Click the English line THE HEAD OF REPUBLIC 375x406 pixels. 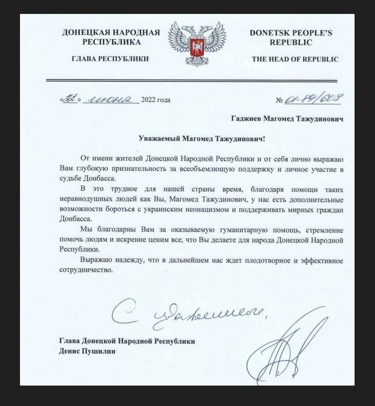[x=295, y=59]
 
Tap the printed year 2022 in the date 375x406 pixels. [x=149, y=99]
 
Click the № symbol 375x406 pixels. [x=280, y=100]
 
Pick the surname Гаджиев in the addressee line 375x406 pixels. [x=247, y=119]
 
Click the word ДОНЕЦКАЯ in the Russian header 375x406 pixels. [x=85, y=33]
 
